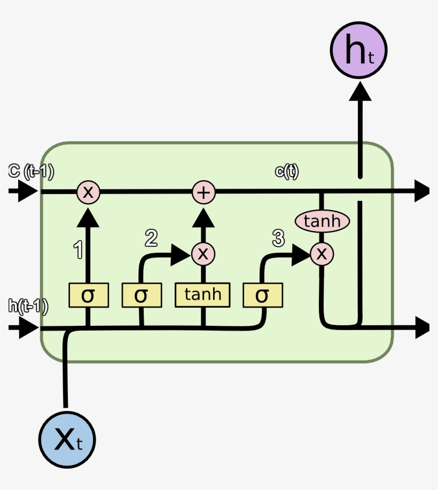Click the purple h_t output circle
pos(358,50)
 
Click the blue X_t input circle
pos(67,440)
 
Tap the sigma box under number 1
pos(88,295)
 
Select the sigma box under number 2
pos(141,295)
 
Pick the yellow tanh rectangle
pos(202,295)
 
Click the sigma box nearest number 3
pos(262,295)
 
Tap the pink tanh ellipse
pos(322,221)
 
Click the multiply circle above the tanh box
pos(202,253)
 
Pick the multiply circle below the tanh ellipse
pos(322,253)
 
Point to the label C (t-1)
pos(31,172)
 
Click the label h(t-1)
pos(28,306)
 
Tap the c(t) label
pos(286,172)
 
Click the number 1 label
pos(78,250)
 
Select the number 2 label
pos(151,238)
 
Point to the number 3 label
pos(278,239)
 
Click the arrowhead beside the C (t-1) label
pos(26,191)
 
